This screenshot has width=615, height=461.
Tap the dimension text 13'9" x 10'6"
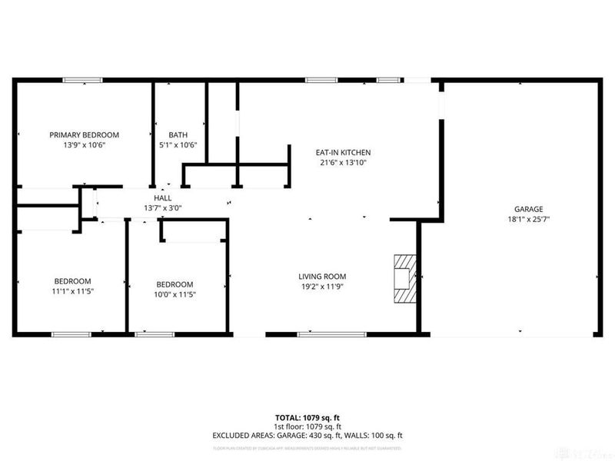pos(85,144)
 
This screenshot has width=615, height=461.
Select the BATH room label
pos(178,134)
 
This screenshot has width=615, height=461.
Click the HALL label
pos(162,197)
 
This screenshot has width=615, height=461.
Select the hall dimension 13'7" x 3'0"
pos(162,207)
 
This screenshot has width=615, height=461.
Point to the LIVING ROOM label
pos(323,276)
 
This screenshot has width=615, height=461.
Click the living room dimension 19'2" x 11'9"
pos(323,287)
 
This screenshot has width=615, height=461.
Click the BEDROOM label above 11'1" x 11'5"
pos(72,280)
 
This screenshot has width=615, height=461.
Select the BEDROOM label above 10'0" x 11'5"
pos(175,284)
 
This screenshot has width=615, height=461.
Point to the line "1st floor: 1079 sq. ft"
pos(307,426)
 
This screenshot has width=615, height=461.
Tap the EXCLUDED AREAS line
pos(307,435)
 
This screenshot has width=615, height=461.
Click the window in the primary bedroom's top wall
pos(82,79)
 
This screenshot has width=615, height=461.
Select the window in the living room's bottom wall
pos(318,333)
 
